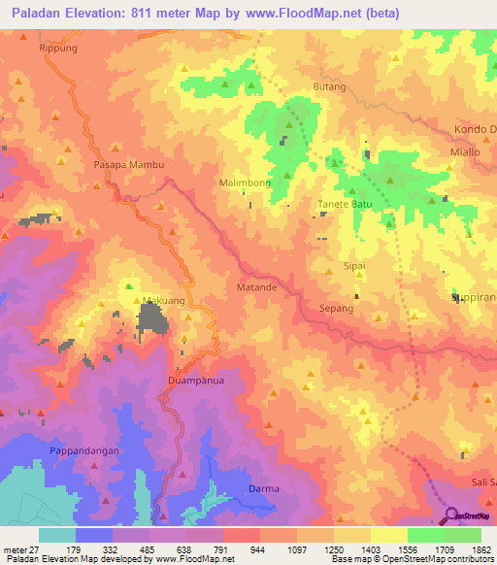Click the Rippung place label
57,47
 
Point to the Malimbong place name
245,183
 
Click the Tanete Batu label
346,205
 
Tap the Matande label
257,288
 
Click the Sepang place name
335,308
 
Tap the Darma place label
264,489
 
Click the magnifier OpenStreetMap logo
452,516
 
